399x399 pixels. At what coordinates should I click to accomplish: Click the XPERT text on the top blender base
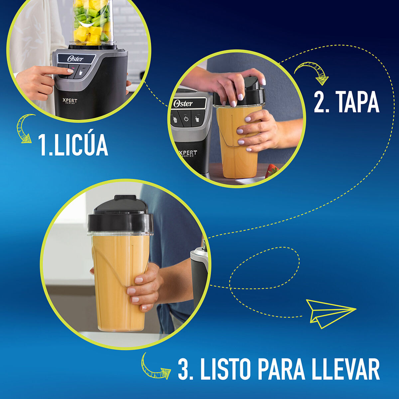click(x=70, y=101)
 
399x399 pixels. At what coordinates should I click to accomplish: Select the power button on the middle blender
click(x=186, y=119)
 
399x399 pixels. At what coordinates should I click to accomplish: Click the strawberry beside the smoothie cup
click(x=272, y=171)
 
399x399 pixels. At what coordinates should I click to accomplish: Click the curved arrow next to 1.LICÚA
click(x=25, y=128)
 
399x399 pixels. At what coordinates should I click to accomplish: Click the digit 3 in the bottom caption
click(x=185, y=369)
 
